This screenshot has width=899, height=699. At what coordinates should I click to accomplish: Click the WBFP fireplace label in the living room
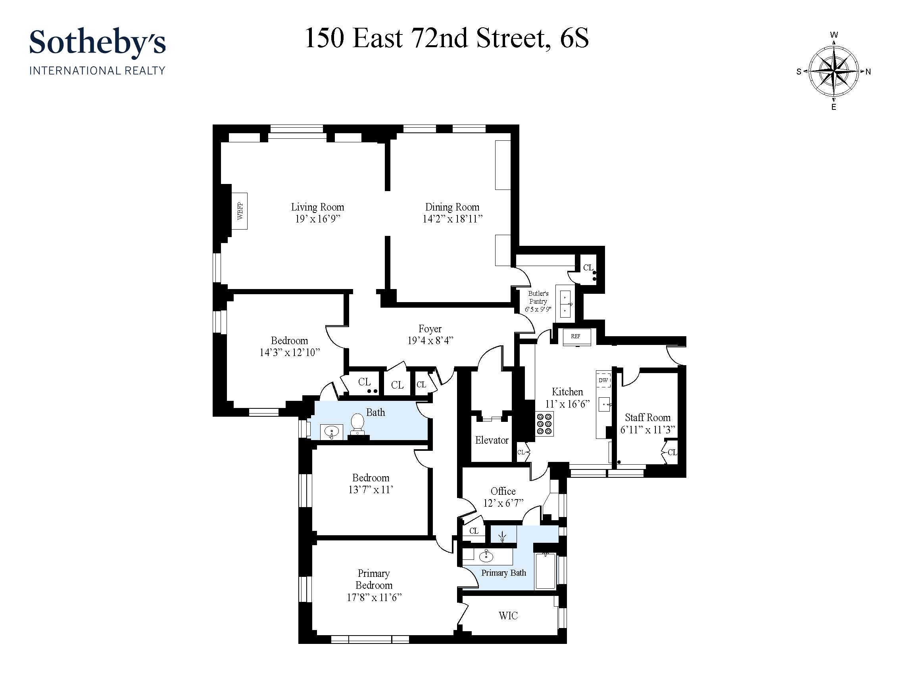coord(240,211)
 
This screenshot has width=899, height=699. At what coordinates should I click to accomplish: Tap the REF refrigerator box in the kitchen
coord(576,337)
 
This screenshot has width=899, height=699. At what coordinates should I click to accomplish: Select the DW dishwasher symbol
coord(603,380)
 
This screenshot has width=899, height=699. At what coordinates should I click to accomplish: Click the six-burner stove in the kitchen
coord(544,423)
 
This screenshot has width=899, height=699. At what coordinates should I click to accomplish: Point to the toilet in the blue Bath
coord(357,424)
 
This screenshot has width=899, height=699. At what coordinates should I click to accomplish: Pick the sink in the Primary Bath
coord(486,556)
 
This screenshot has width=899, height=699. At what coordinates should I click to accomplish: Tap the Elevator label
coord(492,440)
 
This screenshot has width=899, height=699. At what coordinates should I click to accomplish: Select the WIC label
coord(508,615)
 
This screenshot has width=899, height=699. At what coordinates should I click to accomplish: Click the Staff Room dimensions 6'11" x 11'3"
coord(647,430)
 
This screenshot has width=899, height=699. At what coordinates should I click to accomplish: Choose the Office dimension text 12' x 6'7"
coord(503,503)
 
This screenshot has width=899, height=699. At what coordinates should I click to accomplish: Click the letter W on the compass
coord(834,35)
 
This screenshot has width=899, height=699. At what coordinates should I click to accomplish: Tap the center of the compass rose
coord(834,71)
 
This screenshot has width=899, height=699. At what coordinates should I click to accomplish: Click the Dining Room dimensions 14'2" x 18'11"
coord(452,219)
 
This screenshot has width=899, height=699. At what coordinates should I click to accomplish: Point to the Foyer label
coord(430,329)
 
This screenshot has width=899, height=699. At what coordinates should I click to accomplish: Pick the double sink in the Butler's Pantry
coord(565,304)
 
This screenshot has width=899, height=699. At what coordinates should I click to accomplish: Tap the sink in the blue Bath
coord(331,432)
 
